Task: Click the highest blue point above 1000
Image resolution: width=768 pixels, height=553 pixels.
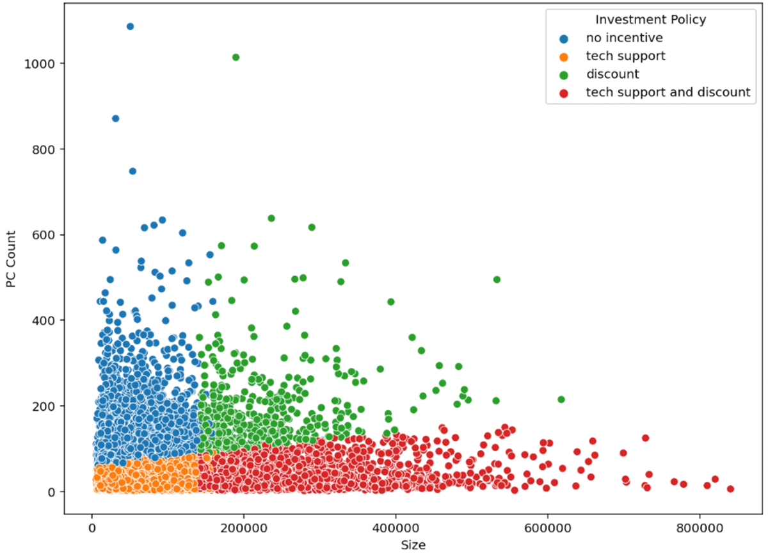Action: pyautogui.click(x=130, y=26)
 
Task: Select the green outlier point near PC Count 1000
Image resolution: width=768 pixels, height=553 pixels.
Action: pyautogui.click(x=236, y=57)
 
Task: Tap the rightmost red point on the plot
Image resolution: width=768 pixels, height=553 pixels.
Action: pyautogui.click(x=730, y=489)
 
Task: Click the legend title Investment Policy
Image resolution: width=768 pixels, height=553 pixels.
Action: pyautogui.click(x=650, y=20)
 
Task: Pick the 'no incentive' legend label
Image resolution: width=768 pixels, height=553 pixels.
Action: pyautogui.click(x=615, y=38)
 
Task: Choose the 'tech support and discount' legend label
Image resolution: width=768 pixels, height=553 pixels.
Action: pyautogui.click(x=668, y=92)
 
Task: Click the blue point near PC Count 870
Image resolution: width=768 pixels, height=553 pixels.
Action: pyautogui.click(x=115, y=119)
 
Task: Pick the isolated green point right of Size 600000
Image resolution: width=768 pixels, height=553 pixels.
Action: pyautogui.click(x=561, y=399)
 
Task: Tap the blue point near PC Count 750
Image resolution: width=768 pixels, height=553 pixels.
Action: pyautogui.click(x=132, y=171)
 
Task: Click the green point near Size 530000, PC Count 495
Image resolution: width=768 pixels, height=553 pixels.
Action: pyautogui.click(x=497, y=279)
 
